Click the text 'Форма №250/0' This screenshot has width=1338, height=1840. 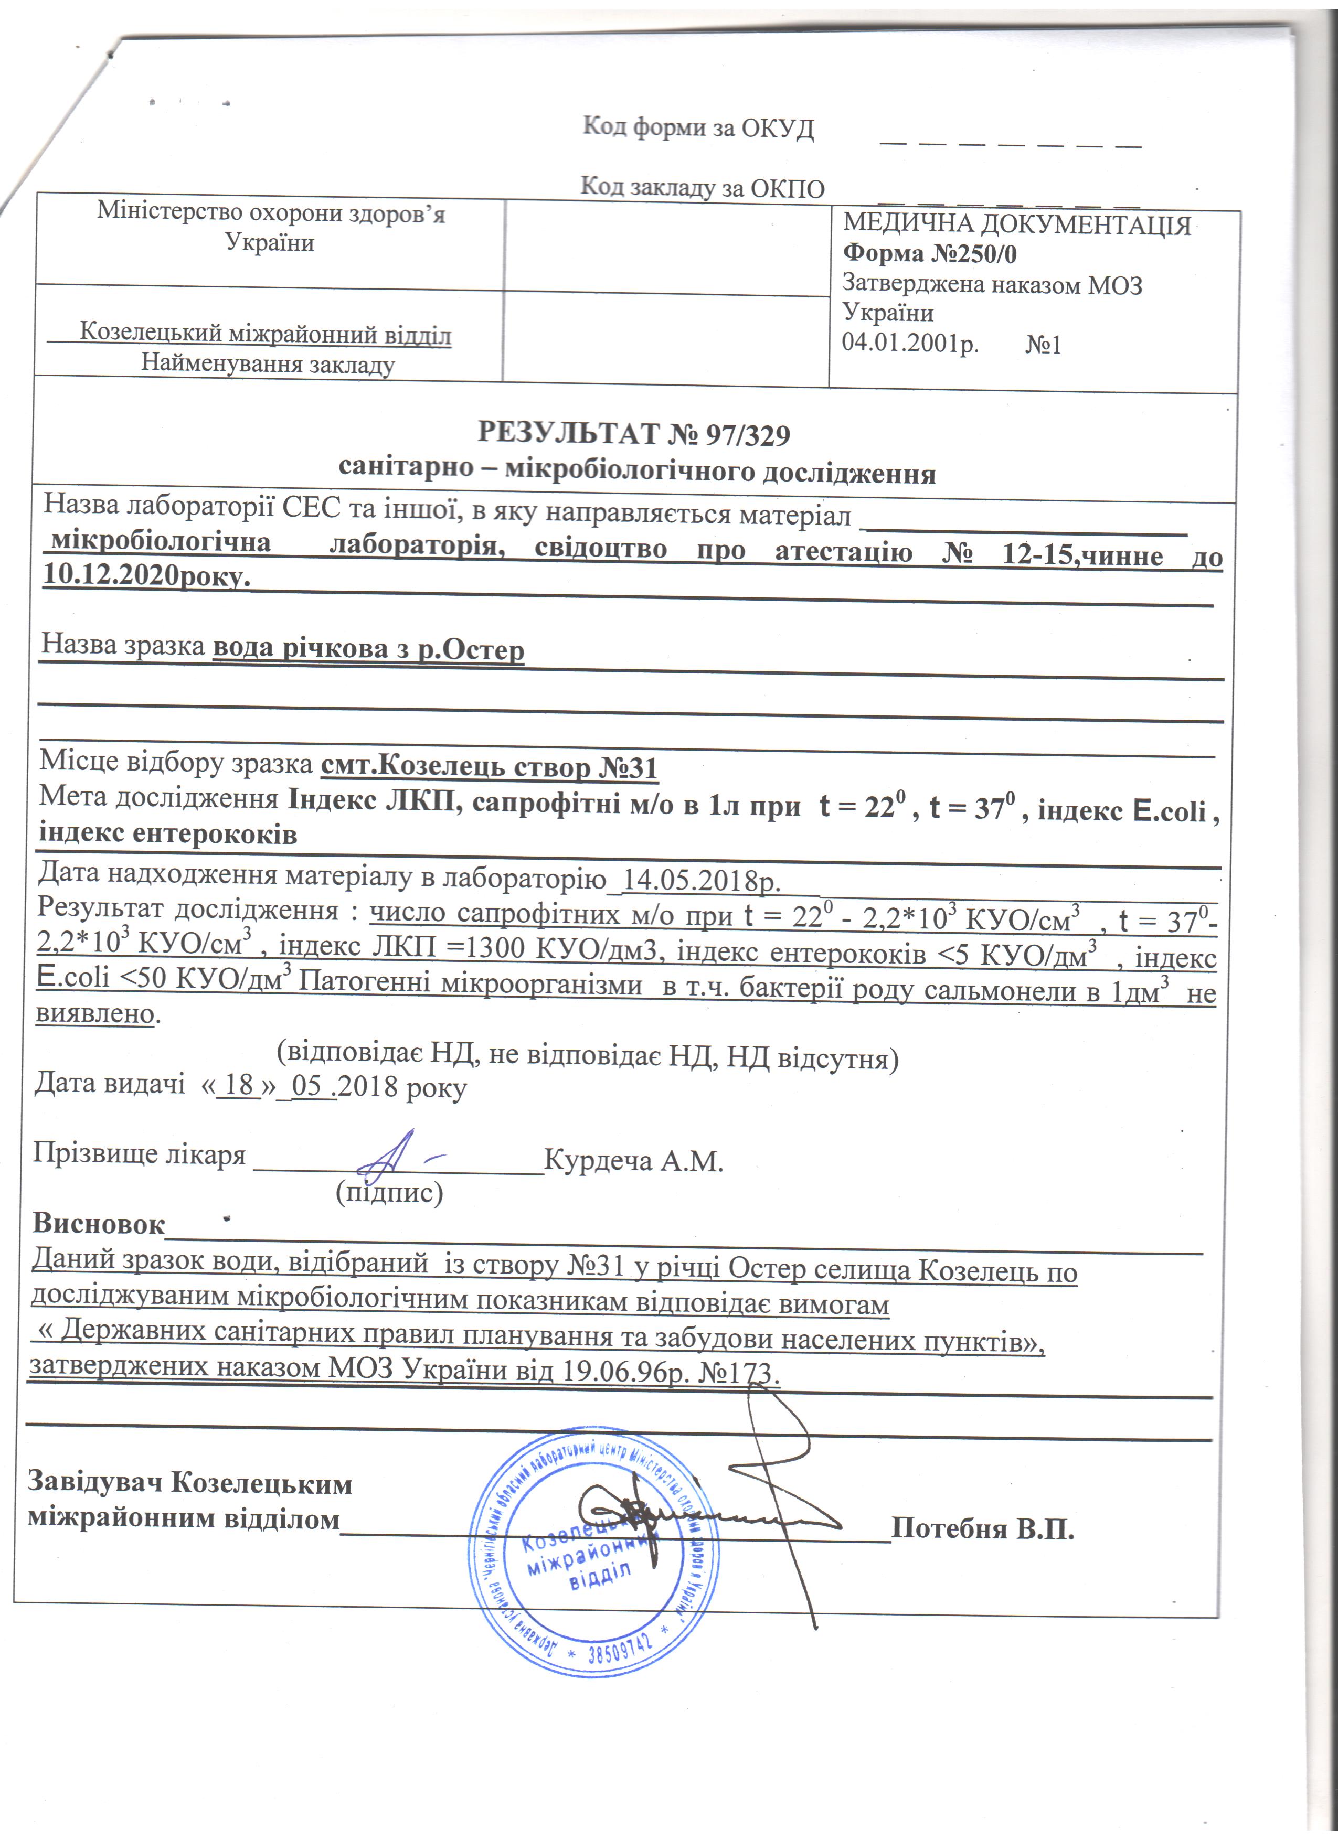point(930,254)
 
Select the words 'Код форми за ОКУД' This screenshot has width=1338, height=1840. point(698,128)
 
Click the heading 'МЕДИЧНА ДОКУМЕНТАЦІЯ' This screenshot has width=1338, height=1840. point(1017,224)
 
